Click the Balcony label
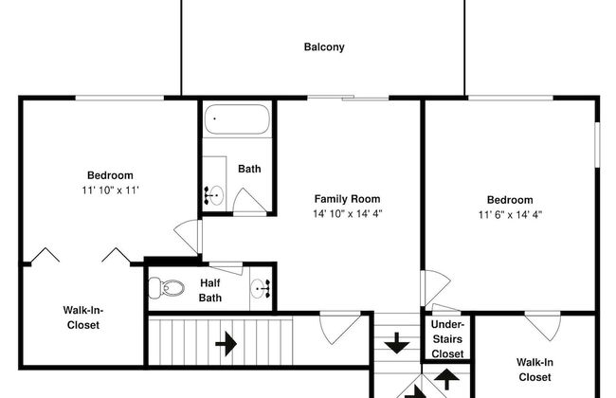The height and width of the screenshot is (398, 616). tap(324, 47)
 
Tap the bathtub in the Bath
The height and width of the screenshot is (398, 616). tap(237, 119)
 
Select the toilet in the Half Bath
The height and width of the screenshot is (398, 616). tap(167, 287)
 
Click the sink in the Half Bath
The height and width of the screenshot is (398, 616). tap(261, 289)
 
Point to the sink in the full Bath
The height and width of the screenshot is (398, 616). tap(214, 195)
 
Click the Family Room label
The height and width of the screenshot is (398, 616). tap(347, 199)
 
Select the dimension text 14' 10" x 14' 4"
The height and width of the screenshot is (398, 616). tap(347, 214)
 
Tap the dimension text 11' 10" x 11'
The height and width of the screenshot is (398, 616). tap(110, 190)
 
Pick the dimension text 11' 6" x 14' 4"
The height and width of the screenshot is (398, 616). tap(510, 214)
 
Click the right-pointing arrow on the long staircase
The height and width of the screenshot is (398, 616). tap(226, 344)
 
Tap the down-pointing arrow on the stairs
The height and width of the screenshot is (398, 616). tap(397, 343)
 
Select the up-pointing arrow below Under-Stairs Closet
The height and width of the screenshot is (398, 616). tap(446, 379)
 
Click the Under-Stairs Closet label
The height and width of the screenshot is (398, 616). tap(447, 339)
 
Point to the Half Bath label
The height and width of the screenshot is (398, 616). tap(210, 290)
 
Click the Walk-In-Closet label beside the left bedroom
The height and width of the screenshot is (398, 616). tap(82, 317)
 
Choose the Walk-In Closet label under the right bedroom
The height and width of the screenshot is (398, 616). tap(534, 370)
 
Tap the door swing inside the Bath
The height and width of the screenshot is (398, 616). tap(249, 201)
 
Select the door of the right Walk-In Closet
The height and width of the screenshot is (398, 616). tap(544, 325)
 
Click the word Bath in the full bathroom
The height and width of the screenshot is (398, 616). tap(249, 169)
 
